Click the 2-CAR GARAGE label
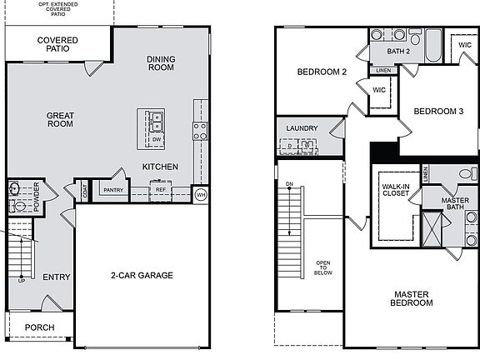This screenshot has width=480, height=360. coord(141,276)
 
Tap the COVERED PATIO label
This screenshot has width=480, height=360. coord(57,44)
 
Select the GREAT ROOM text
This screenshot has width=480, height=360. coord(59,119)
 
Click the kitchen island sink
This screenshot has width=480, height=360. coord(156,122)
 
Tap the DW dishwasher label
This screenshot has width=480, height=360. coord(156,139)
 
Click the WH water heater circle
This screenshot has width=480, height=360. coord(200,194)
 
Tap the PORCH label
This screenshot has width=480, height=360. coord(39,327)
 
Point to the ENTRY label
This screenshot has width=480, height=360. coord(56,277)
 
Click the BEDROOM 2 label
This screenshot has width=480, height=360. coord(322,72)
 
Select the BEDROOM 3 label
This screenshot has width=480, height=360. coord(437,111)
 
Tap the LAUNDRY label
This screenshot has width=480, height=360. coord(302,127)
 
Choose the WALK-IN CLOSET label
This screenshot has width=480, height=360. coord(395,190)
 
